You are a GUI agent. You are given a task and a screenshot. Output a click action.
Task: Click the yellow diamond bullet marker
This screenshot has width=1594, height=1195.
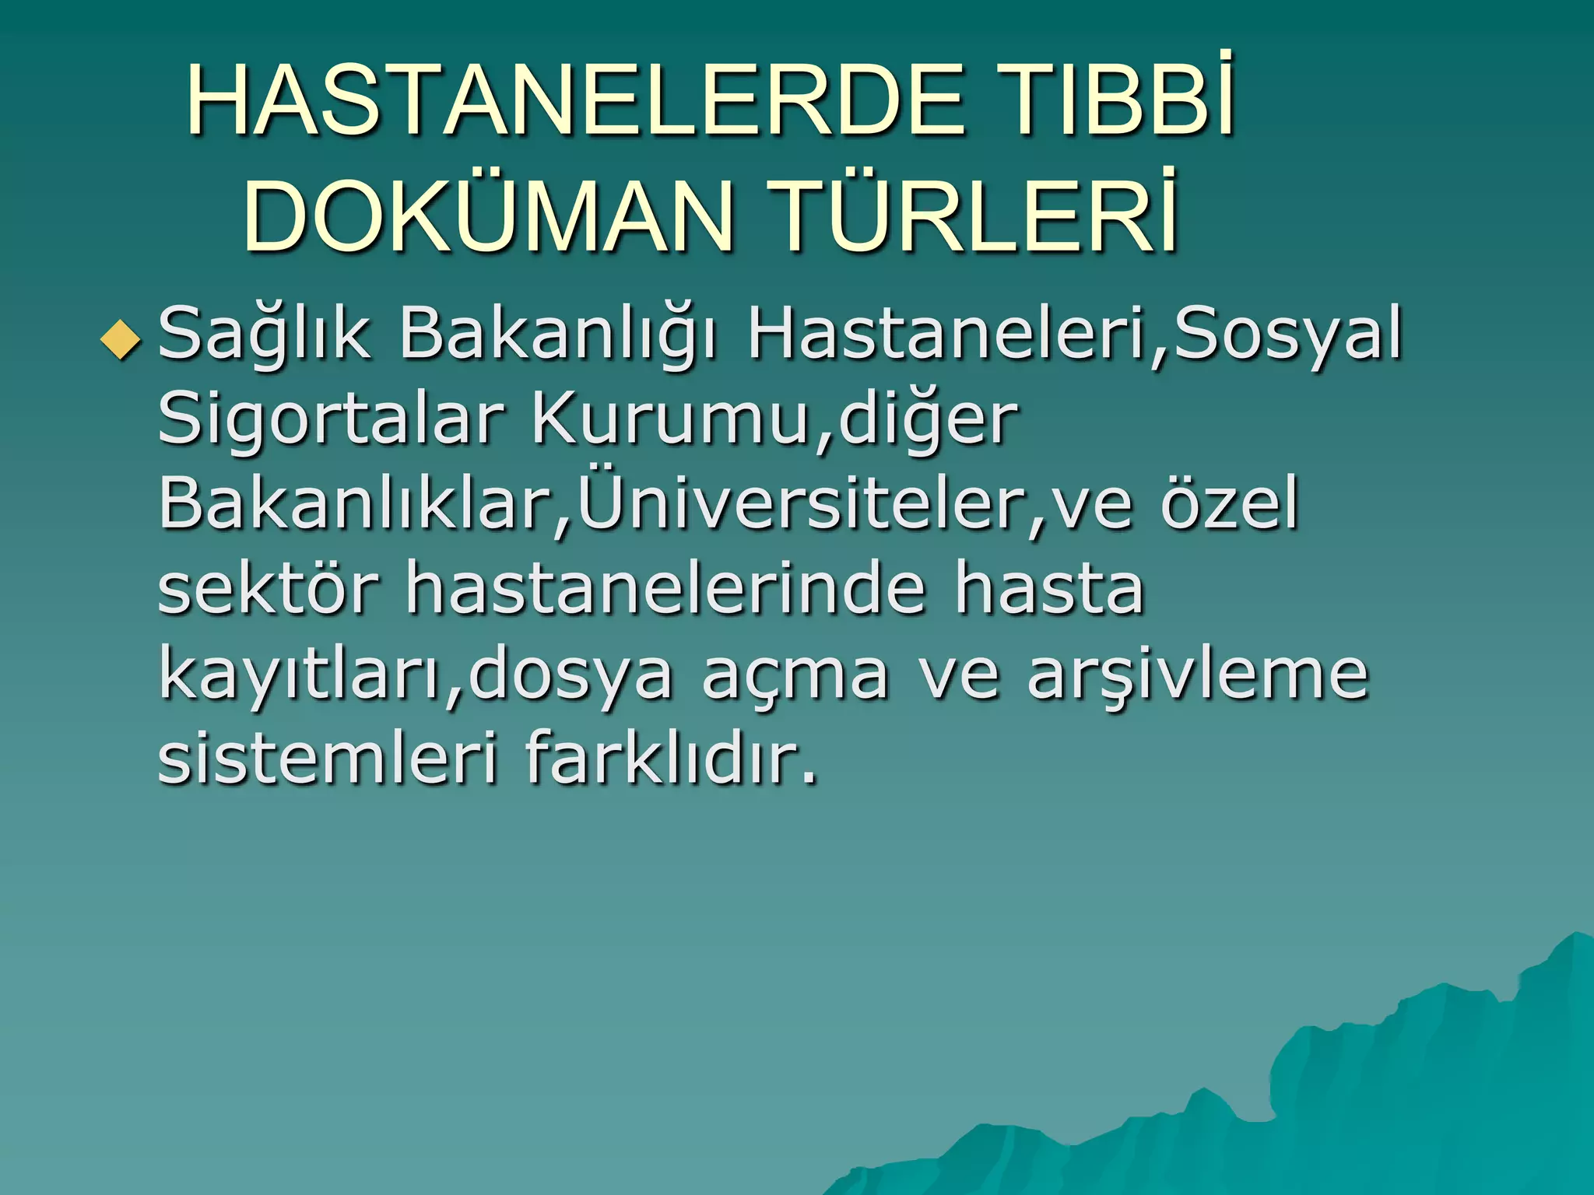tap(121, 340)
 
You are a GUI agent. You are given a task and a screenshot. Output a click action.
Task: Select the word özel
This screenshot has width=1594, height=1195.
tap(1229, 504)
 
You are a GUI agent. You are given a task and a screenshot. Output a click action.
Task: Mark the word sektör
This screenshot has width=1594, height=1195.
tap(269, 589)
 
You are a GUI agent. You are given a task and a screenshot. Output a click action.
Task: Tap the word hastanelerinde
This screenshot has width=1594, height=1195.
tap(666, 589)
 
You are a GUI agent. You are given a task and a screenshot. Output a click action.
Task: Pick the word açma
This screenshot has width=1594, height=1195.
tap(795, 675)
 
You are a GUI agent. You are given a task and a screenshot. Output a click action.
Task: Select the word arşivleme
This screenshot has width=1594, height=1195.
tap(1198, 675)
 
